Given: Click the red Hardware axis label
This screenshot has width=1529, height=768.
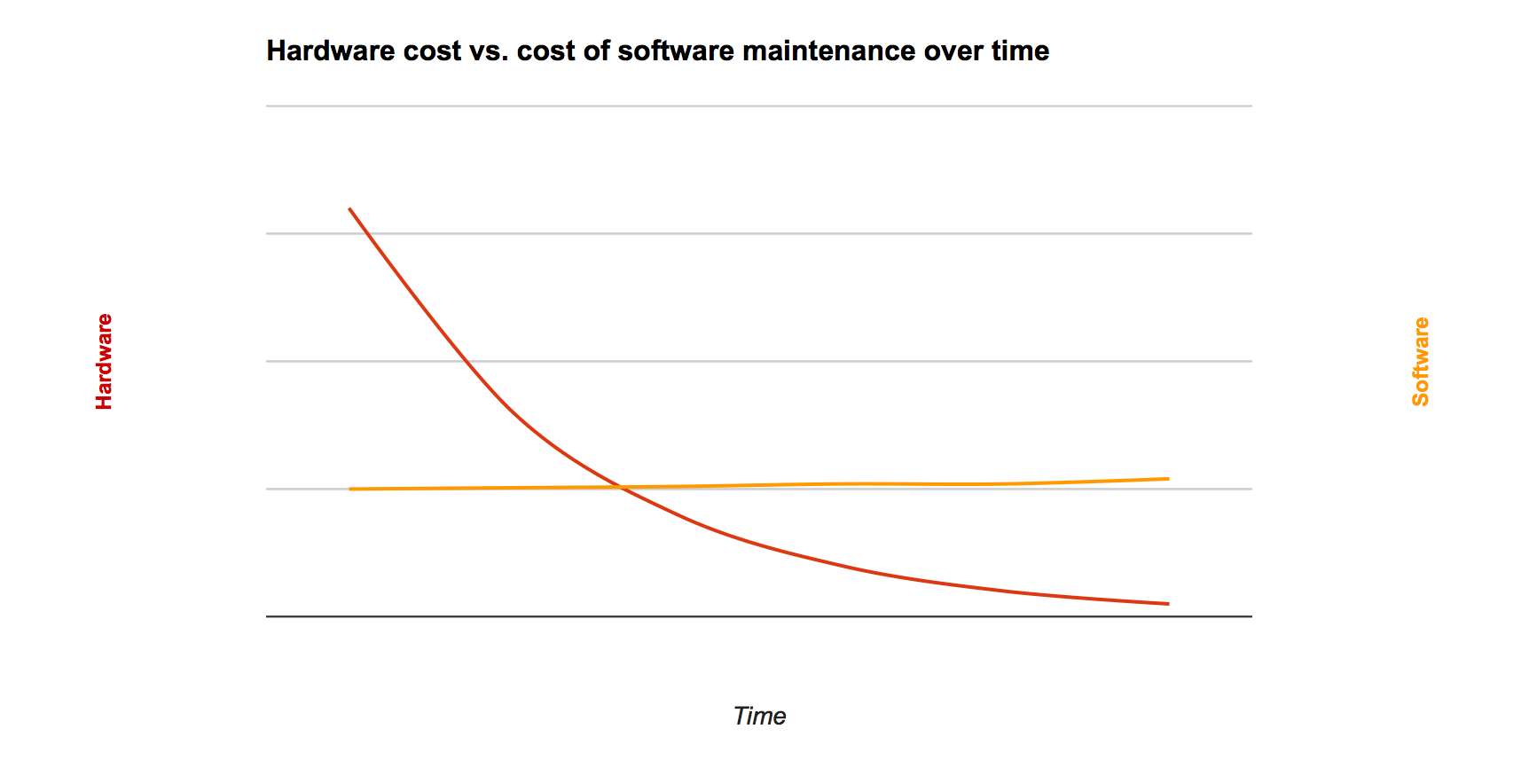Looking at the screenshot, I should [105, 362].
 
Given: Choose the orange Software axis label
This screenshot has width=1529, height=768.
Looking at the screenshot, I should [1421, 362].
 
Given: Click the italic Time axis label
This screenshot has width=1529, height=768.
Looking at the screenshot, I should [759, 717].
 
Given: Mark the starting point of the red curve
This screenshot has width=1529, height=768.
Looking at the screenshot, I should [350, 209].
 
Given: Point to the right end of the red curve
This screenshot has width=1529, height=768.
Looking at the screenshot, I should [1168, 604].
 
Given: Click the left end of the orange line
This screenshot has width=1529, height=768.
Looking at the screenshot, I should [351, 489].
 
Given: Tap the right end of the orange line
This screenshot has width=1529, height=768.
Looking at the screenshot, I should [1168, 479].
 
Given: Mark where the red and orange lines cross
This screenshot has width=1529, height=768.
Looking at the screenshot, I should [622, 487].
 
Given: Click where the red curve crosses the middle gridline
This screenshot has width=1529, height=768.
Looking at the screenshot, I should [467, 361].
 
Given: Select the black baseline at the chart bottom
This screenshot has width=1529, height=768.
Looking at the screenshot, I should [759, 616].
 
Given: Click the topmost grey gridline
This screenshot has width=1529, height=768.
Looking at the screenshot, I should [759, 106].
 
